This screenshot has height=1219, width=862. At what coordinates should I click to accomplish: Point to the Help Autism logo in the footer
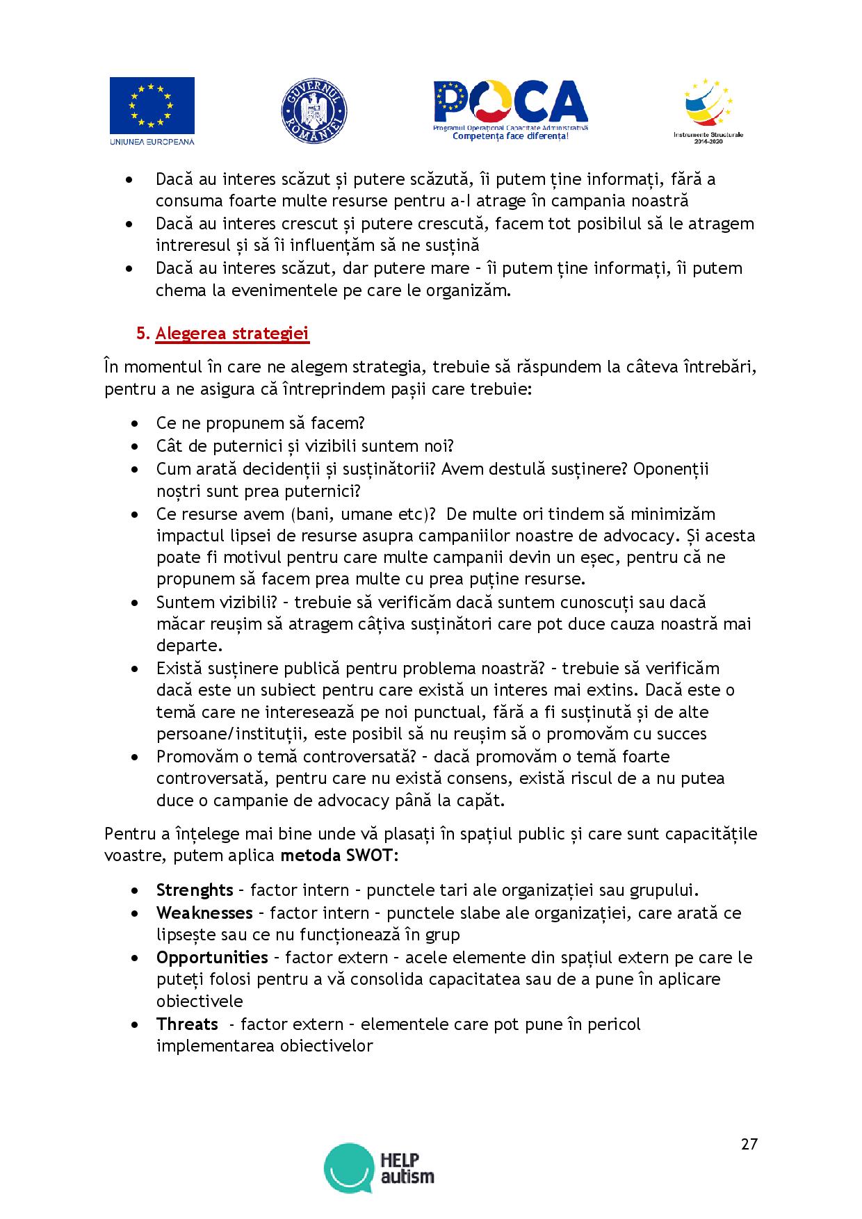(379, 1168)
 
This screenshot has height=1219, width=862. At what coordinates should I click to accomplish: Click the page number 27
(749, 1144)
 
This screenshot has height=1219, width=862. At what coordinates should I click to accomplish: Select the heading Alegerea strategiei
(232, 334)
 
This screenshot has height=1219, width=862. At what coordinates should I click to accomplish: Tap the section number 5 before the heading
(142, 334)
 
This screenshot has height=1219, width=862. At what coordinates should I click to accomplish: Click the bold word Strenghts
(195, 890)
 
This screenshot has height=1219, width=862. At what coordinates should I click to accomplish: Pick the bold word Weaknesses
(204, 913)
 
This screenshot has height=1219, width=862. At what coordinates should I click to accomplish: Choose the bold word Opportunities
(212, 957)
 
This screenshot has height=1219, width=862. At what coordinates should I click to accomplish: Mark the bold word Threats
(187, 1024)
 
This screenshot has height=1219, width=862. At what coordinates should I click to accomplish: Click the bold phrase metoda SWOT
(339, 855)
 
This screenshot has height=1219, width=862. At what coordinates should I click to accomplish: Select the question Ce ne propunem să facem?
(261, 423)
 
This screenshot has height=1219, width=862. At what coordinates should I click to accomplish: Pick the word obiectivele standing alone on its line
(200, 1001)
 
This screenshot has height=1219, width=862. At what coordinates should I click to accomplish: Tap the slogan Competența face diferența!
(510, 137)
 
